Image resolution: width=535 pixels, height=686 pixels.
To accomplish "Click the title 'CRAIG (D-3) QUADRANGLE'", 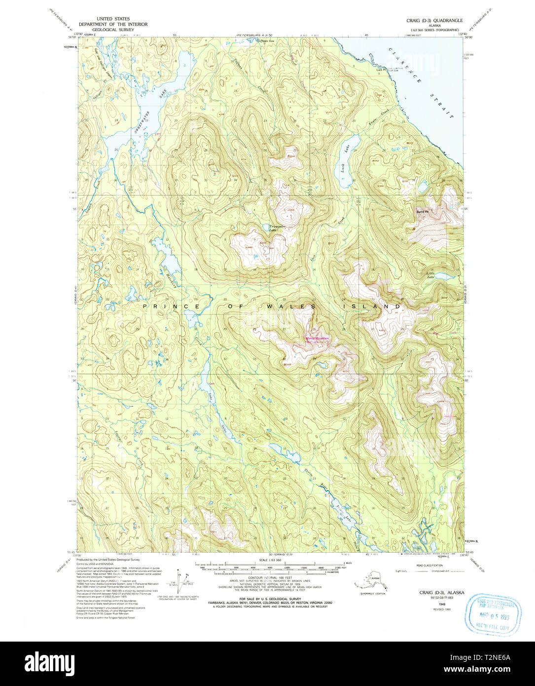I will [x=434, y=20].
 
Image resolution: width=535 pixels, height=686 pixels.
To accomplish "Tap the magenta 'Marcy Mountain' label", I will [x=317, y=338].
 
